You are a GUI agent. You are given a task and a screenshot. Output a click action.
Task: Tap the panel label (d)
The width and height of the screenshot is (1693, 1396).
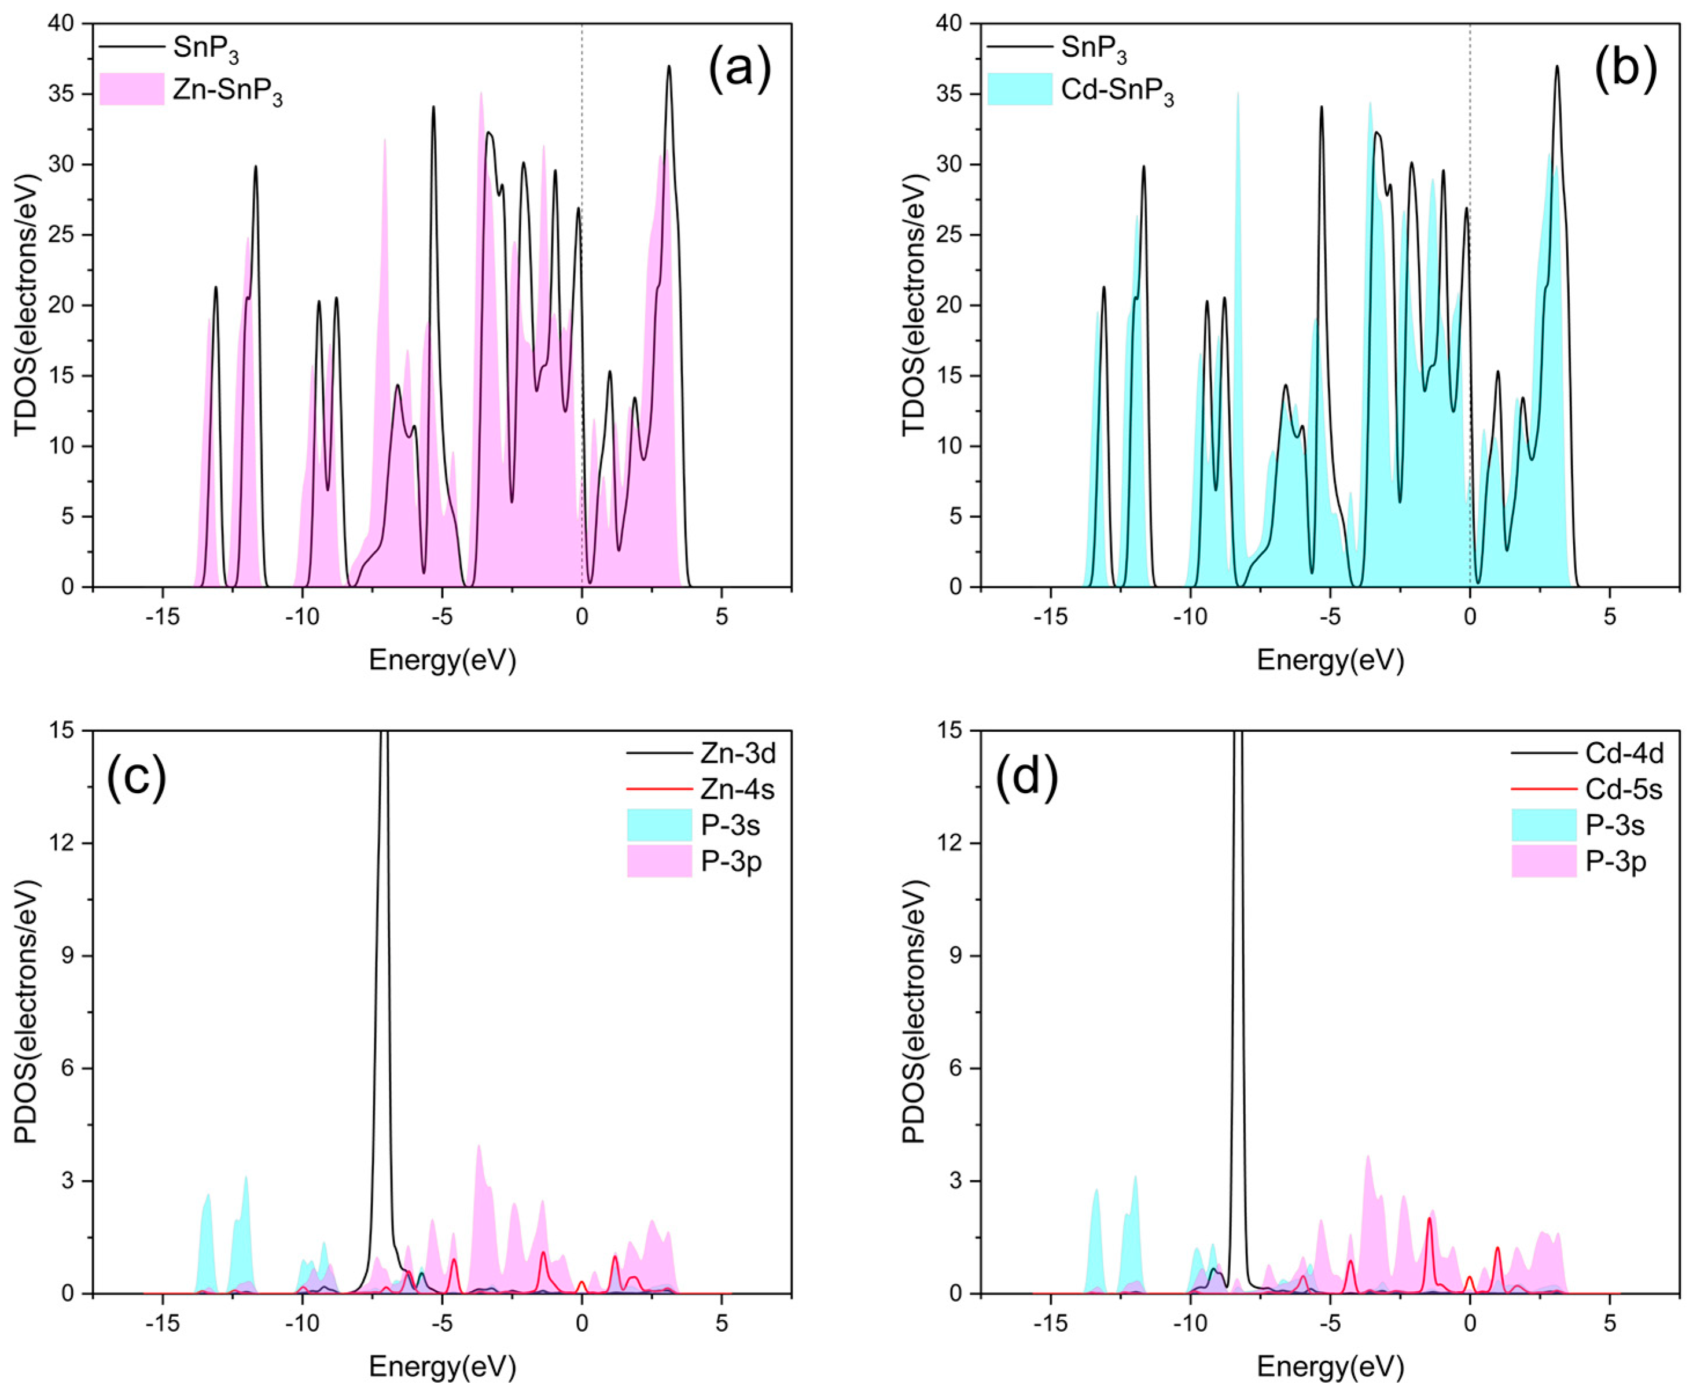pyautogui.click(x=1026, y=775)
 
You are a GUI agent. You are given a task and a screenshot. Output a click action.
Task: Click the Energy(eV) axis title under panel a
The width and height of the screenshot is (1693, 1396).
pyautogui.click(x=443, y=660)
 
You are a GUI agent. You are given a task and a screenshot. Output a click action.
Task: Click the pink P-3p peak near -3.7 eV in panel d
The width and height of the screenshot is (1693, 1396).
pyautogui.click(x=1367, y=1159)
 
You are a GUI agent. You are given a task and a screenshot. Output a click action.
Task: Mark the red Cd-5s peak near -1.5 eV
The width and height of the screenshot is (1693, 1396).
pyautogui.click(x=1429, y=1220)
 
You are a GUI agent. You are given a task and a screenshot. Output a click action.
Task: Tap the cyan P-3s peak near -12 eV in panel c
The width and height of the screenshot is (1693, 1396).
pyautogui.click(x=246, y=1180)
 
